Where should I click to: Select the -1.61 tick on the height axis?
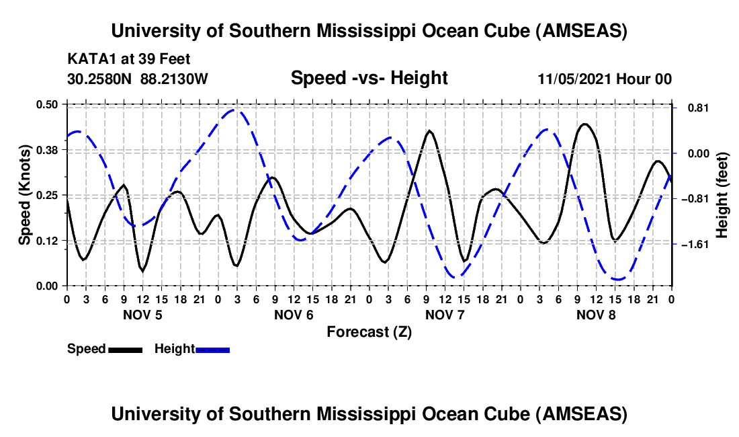point(695,244)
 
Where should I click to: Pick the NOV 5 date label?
point(142,315)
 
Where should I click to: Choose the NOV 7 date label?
point(444,315)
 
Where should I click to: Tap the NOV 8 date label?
point(595,315)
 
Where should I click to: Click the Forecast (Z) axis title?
point(369,331)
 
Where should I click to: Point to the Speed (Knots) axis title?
point(24,194)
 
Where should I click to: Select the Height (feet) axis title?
point(722,194)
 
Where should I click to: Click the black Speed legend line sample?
point(125,349)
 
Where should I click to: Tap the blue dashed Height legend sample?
point(213,349)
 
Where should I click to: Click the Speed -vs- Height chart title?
point(369,78)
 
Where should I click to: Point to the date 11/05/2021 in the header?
point(572,79)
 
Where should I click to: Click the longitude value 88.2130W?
point(175,79)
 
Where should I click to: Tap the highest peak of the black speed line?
point(584,124)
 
